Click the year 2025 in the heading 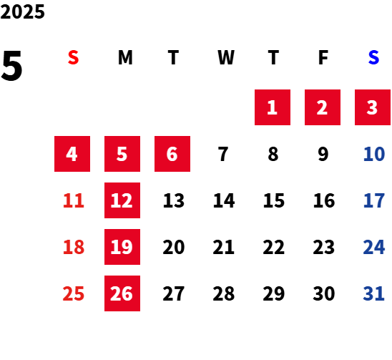pyautogui.click(x=22, y=11)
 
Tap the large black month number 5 pyautogui.click(x=11, y=66)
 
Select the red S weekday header pyautogui.click(x=73, y=57)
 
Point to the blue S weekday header pyautogui.click(x=373, y=57)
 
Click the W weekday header pyautogui.click(x=226, y=57)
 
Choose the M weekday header pyautogui.click(x=125, y=57)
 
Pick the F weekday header pyautogui.click(x=323, y=57)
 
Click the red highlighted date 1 pyautogui.click(x=273, y=107)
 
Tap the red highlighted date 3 pyautogui.click(x=373, y=107)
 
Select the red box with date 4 pyautogui.click(x=72, y=154)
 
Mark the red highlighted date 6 pyautogui.click(x=172, y=154)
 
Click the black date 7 pyautogui.click(x=223, y=154)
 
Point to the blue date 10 pyautogui.click(x=374, y=154)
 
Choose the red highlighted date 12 pyautogui.click(x=122, y=200)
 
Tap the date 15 pyautogui.click(x=274, y=200)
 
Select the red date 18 pyautogui.click(x=74, y=247)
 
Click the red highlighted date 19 pyautogui.click(x=122, y=247)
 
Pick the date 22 pyautogui.click(x=274, y=247)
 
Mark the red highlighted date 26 pyautogui.click(x=122, y=293)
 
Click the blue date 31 pyautogui.click(x=373, y=293)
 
